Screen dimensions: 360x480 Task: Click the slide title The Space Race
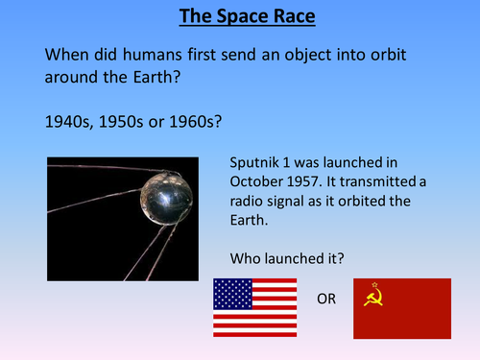pos(239,17)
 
